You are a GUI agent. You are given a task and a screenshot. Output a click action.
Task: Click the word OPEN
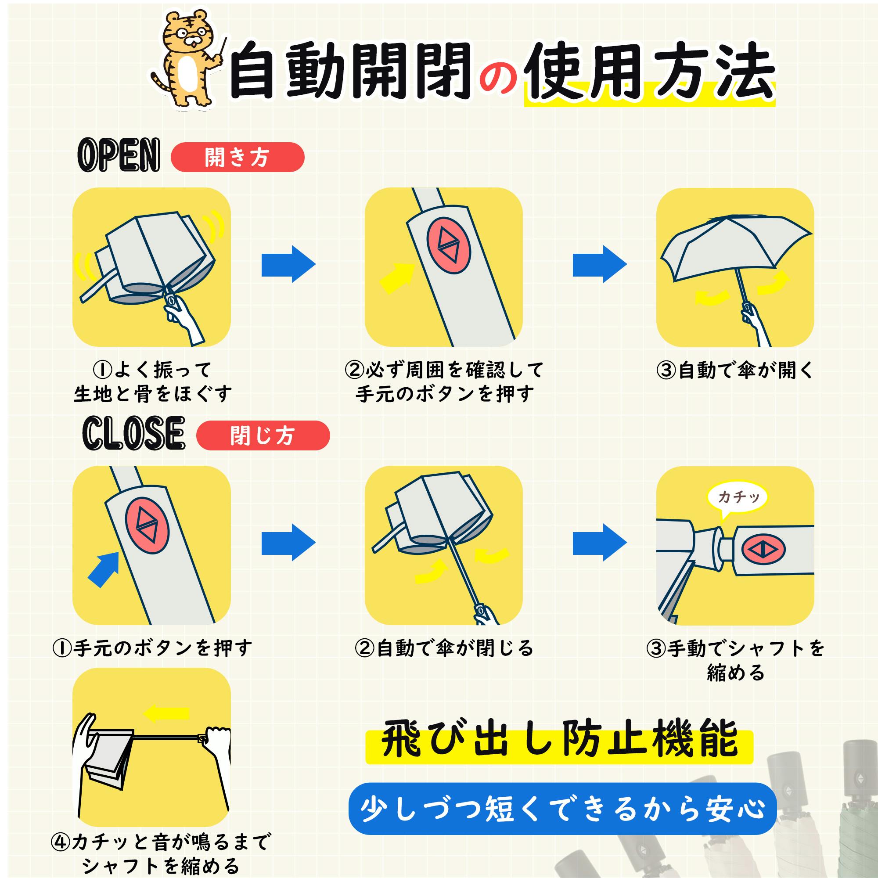pos(119,155)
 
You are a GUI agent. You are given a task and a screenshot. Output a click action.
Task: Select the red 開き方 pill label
pos(237,157)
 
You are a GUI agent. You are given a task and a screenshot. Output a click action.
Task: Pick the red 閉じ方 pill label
pos(263,435)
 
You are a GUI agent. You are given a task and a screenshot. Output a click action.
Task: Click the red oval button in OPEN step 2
pos(449,245)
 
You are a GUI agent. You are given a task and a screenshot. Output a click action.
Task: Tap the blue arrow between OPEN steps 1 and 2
pos(288,264)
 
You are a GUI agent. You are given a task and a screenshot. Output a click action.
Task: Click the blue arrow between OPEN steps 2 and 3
pos(600,264)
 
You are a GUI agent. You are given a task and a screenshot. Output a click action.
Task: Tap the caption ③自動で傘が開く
pos(735,371)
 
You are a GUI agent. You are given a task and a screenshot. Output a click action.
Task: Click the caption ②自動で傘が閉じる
pos(444,648)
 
